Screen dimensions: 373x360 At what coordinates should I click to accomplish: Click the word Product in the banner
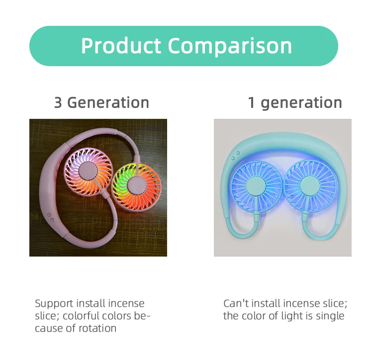pos(121,45)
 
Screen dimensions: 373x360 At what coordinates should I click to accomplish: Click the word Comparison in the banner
pos(230,46)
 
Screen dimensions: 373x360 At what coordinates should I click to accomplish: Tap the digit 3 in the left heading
pos(58,102)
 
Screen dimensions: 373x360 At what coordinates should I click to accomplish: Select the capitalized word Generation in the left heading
pos(108,102)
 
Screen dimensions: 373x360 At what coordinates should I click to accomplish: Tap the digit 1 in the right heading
pos(252,102)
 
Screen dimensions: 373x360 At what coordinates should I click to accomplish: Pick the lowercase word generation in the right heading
pos(301,103)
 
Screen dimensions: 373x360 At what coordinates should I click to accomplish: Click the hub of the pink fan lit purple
pos(88,171)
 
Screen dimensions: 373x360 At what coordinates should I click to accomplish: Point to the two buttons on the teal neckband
pos(235,156)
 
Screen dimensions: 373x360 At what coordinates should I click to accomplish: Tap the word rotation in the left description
pos(97,329)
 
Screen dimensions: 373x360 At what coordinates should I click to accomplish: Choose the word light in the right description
pos(292,316)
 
